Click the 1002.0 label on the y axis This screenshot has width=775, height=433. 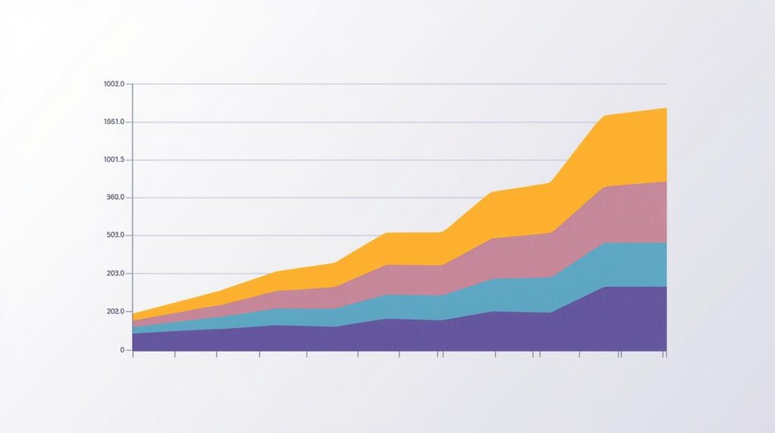[114, 84]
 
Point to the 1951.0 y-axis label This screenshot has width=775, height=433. [114, 122]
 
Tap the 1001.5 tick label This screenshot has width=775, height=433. [114, 160]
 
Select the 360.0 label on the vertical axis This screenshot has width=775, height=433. [115, 198]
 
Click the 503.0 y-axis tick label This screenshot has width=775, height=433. [115, 236]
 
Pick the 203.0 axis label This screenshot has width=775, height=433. [115, 274]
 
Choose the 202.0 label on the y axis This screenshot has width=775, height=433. [115, 312]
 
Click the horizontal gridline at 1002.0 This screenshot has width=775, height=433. [378, 84]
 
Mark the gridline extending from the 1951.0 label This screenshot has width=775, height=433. [341, 122]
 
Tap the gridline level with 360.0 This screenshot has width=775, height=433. [303, 198]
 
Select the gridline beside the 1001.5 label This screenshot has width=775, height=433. [341, 160]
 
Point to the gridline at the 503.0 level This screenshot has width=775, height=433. [265, 236]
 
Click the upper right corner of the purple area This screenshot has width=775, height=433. [666, 287]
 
